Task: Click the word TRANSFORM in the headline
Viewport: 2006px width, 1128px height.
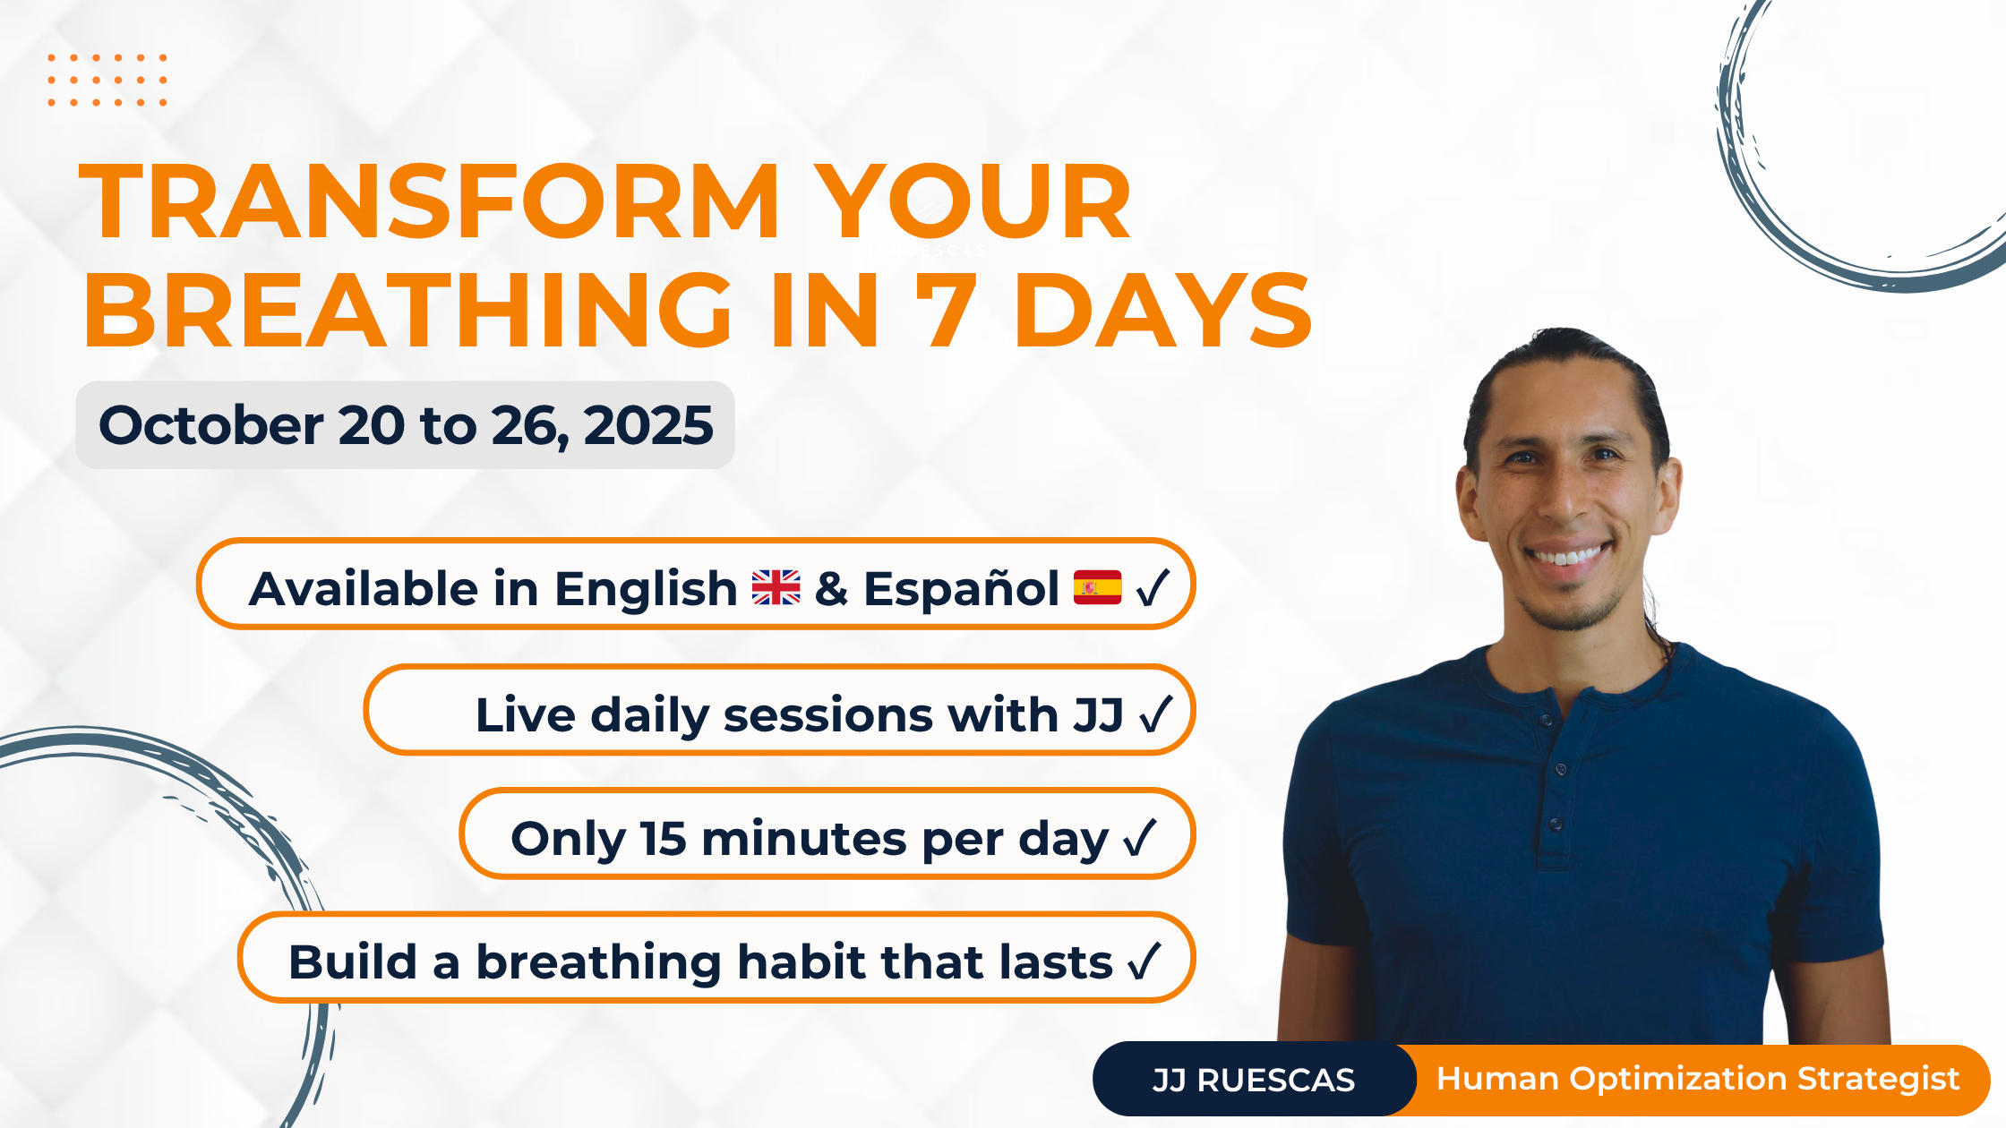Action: [x=430, y=202]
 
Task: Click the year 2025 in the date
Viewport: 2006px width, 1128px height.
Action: [x=648, y=425]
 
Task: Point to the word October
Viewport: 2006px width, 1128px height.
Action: [x=211, y=425]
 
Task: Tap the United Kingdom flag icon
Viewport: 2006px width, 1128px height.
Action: [x=776, y=588]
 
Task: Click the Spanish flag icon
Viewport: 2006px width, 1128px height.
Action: [x=1097, y=587]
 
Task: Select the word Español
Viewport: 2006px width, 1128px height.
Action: [x=961, y=588]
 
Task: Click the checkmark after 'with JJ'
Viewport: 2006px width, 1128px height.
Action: [x=1155, y=714]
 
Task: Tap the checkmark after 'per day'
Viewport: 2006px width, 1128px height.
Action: [x=1140, y=838]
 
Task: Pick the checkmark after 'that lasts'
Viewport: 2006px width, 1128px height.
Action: [x=1144, y=961]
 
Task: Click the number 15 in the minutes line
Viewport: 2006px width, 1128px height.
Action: [x=663, y=839]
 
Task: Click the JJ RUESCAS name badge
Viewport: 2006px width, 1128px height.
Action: [x=1254, y=1080]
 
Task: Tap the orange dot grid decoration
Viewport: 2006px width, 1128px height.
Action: [x=107, y=81]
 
